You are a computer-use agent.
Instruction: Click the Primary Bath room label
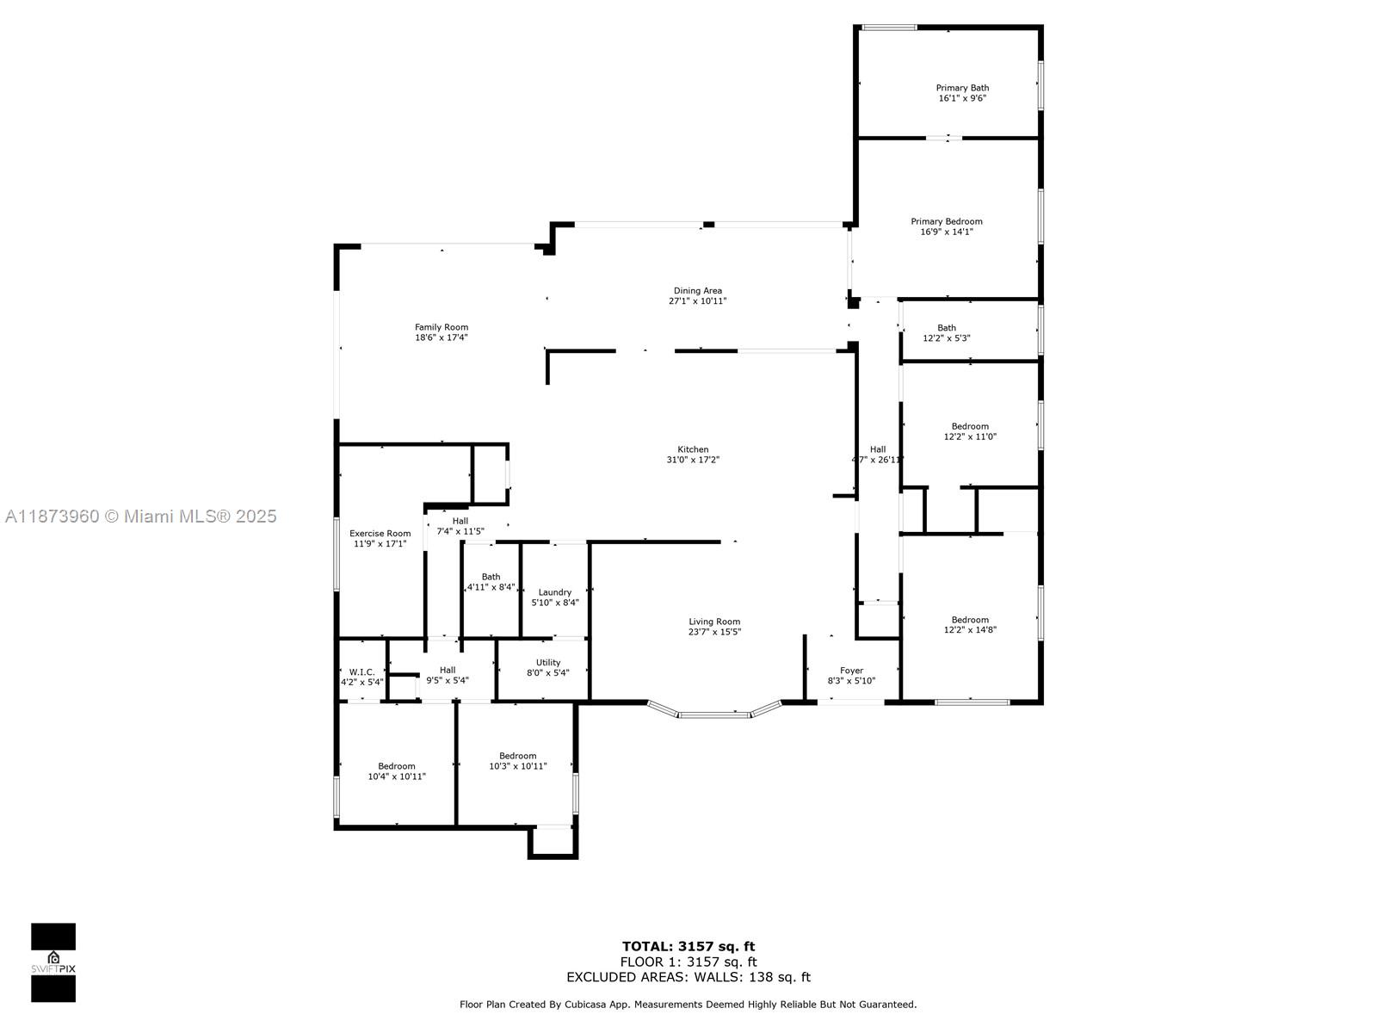pos(962,88)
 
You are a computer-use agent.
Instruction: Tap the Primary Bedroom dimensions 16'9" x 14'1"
pos(947,232)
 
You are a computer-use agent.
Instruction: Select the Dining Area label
pos(697,291)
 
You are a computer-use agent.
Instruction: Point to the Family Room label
pos(442,327)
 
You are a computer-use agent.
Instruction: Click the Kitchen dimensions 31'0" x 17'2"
pos(693,460)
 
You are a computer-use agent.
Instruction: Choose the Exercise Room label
pos(380,534)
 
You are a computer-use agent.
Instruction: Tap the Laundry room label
pos(555,592)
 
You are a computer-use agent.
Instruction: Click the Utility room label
pos(548,663)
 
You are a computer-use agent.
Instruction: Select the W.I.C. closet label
pos(361,671)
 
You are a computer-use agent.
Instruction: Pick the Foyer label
pos(851,671)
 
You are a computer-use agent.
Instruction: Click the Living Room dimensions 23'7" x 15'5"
pos(714,632)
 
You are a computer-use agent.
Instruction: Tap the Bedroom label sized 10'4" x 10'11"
pos(397,766)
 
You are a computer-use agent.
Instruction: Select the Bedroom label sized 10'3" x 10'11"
pos(518,756)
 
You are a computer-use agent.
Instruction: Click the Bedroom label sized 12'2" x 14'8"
pos(970,620)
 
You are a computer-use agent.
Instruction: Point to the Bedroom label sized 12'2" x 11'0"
pos(970,426)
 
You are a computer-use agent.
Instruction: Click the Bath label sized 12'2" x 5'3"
pos(947,328)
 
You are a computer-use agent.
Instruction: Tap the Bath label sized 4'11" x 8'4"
pos(491,577)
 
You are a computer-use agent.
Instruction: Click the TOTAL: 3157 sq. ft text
pos(688,947)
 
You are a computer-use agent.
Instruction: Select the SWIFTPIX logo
pos(53,962)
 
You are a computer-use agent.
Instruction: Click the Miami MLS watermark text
pos(140,516)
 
